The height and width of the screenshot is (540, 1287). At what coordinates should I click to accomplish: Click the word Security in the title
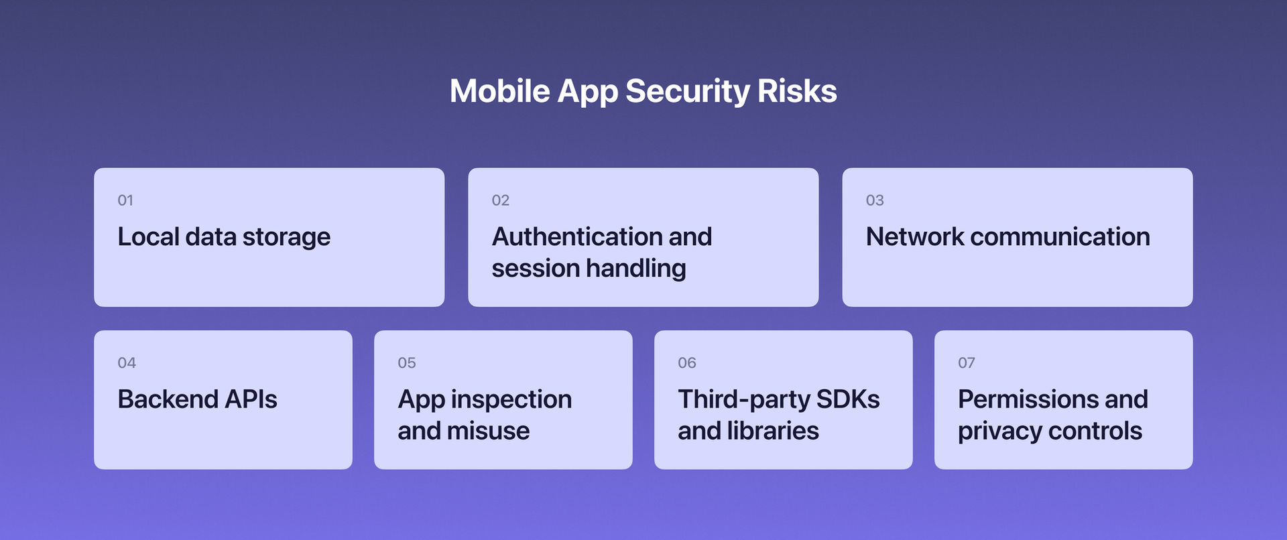tap(687, 92)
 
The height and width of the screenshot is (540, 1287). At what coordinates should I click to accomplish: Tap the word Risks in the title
tap(797, 91)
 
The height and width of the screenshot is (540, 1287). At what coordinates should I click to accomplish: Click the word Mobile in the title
tap(499, 91)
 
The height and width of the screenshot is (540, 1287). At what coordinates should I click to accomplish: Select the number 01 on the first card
tap(125, 200)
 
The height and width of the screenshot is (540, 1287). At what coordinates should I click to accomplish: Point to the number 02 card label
tap(500, 200)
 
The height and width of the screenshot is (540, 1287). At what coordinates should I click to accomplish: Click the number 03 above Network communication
tap(875, 200)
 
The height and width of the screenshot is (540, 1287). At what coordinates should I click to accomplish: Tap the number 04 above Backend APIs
tap(127, 363)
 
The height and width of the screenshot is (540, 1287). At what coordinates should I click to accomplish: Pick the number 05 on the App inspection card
tap(406, 363)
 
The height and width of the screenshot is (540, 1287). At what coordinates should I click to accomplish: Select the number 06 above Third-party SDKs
tap(686, 363)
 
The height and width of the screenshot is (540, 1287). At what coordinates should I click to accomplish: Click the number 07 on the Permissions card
tap(966, 363)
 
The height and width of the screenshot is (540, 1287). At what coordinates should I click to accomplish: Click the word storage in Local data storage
tap(286, 238)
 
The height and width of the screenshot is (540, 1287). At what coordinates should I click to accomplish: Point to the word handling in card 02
tap(636, 269)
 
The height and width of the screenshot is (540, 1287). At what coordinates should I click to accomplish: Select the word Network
tap(914, 237)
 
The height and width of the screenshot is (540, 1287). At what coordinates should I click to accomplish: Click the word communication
tap(1060, 237)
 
